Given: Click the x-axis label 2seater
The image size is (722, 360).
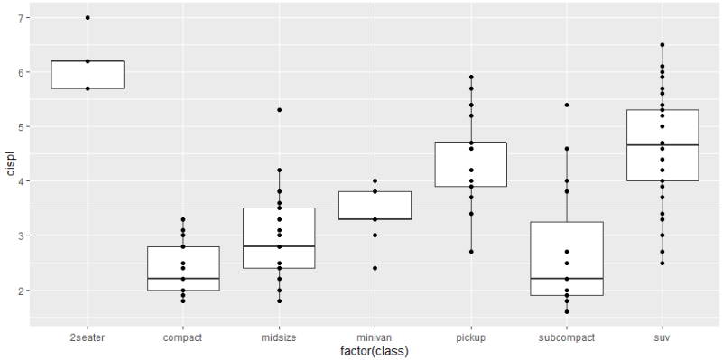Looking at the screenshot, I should [88, 337].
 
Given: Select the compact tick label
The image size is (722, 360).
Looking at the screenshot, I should [183, 337].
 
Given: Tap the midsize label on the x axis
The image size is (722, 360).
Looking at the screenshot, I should [279, 337].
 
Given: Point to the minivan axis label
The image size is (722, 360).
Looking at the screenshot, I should [375, 337].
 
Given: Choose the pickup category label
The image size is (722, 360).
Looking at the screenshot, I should [470, 337].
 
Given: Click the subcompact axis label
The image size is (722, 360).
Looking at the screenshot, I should [566, 337].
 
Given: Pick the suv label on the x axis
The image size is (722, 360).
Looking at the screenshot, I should [662, 337].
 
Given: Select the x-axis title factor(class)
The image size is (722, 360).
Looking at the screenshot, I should [375, 350].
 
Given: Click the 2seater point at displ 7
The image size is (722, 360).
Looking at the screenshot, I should [88, 18].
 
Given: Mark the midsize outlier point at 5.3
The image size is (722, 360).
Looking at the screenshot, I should [279, 110].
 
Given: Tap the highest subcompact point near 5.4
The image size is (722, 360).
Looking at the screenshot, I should [566, 105].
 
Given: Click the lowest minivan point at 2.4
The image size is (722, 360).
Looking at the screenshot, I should [375, 268].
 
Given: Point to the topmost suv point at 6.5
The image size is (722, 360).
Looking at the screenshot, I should [662, 45].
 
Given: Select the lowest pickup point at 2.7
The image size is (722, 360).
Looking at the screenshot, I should [470, 252].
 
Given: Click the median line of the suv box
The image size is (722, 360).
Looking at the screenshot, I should [662, 144].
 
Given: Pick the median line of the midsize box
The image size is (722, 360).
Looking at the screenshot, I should [279, 246].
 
